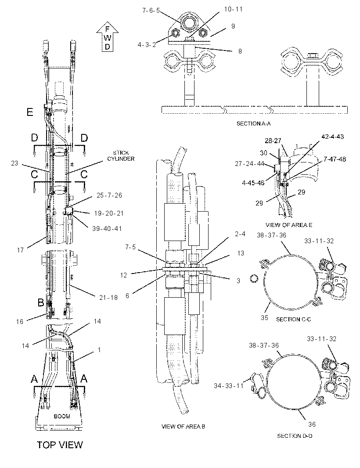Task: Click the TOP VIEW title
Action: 60,445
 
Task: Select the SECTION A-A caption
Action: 253,123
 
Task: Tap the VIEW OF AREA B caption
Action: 183,427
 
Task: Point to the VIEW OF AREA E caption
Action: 288,225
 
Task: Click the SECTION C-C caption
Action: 293,319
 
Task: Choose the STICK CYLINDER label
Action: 121,156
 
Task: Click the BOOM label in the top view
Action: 62,416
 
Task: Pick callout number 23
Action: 14,163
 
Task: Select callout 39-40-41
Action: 107,229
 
